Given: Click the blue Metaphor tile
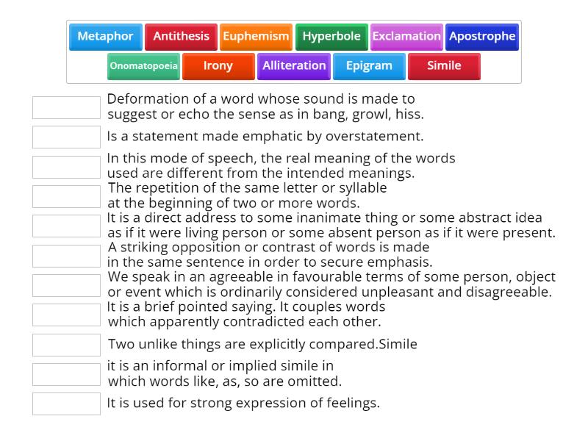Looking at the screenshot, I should pos(105,37).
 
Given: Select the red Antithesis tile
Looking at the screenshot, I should pos(181,37).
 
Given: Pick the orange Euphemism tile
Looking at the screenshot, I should pos(256,37).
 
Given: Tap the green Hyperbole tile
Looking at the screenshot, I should pos(331,37).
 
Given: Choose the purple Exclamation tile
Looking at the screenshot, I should pos(406,37).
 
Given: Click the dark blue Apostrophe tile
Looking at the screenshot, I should pos(482,37).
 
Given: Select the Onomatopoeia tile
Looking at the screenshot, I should pos(143,66).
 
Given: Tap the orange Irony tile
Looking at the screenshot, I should pos(218,66).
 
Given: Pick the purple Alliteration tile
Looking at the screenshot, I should pos(294,66).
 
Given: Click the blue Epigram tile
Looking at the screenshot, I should pos(369,66).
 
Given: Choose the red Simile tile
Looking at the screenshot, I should pos(445,66).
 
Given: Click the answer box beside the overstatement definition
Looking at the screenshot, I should pos(66,137).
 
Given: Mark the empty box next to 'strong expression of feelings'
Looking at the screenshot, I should pos(66,404).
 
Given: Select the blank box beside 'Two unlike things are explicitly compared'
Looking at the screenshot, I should pos(66,345).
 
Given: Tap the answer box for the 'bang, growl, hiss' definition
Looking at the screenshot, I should pos(66,107).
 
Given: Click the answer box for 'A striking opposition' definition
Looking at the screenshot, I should pos(66,256).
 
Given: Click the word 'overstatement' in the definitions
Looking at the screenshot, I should pos(376,137).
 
